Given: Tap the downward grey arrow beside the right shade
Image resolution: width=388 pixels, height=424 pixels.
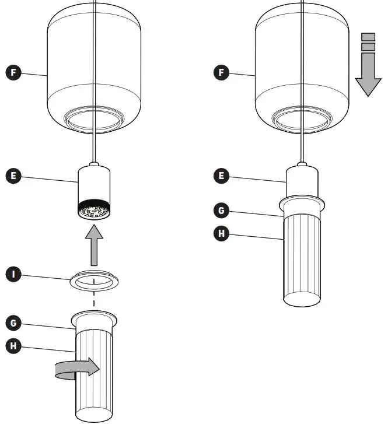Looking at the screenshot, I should (368, 73).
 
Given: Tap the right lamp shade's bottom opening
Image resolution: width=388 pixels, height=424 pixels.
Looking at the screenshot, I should (302, 120).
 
